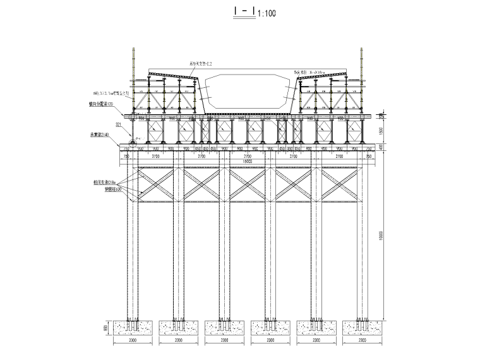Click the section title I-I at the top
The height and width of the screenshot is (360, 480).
243,12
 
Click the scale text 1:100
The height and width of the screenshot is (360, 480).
267,13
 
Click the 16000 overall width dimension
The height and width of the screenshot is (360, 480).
247,160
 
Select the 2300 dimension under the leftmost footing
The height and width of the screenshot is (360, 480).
132,341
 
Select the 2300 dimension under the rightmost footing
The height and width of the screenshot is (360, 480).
362,341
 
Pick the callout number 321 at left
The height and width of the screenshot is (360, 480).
118,124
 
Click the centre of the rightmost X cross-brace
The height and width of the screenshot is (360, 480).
339,184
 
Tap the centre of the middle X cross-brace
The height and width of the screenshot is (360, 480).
247,184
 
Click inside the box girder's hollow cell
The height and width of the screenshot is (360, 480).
247,92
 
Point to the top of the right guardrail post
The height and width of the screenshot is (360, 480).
362,49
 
